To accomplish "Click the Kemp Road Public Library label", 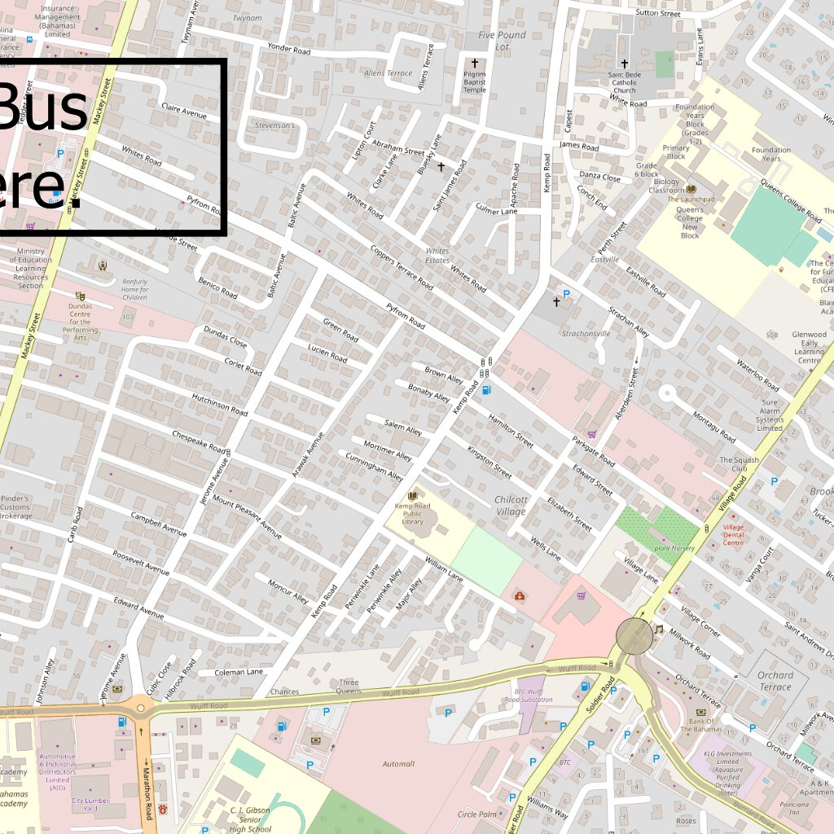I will pyautogui.click(x=412, y=513).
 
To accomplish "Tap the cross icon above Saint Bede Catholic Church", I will pyautogui.click(x=625, y=64).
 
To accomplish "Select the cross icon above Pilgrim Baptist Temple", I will pyautogui.click(x=475, y=63).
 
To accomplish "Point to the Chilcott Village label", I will pyautogui.click(x=511, y=505).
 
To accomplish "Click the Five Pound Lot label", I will pyautogui.click(x=502, y=41).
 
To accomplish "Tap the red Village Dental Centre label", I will pyautogui.click(x=733, y=534).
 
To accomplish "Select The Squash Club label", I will pyautogui.click(x=739, y=464).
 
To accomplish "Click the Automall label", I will pyautogui.click(x=398, y=764).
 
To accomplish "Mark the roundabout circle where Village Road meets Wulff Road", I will pyautogui.click(x=634, y=635).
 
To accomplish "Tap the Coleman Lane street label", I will pyautogui.click(x=239, y=672).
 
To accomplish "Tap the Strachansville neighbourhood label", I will pyautogui.click(x=586, y=334).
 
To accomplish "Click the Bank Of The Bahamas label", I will pyautogui.click(x=701, y=726).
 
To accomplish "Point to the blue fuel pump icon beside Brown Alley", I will pyautogui.click(x=487, y=389).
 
